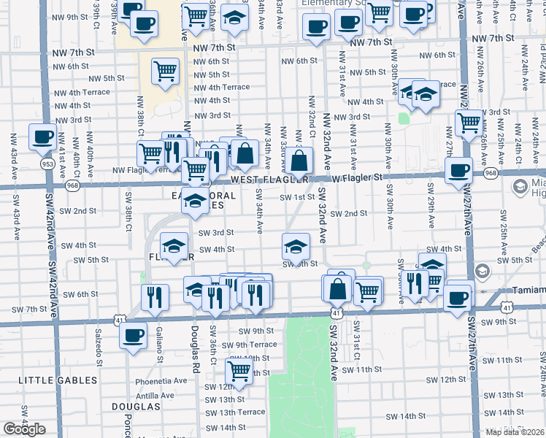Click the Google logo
click(24, 429)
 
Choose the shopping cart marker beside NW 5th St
click(166, 72)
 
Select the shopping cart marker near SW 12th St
click(239, 371)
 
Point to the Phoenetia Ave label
click(161, 381)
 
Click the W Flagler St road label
click(358, 177)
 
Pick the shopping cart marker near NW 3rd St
click(468, 123)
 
